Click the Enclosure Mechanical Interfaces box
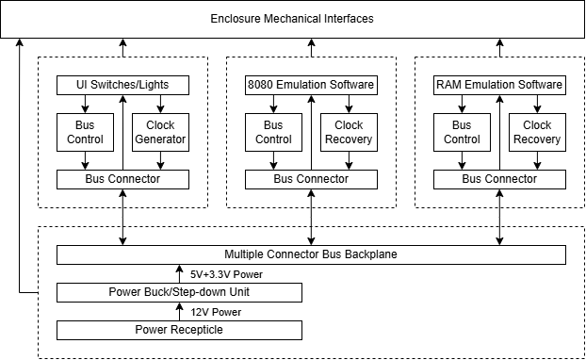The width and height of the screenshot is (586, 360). (293, 19)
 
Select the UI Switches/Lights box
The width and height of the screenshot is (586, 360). (122, 85)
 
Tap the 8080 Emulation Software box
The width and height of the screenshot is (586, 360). (311, 85)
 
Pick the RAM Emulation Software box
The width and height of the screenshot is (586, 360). (499, 85)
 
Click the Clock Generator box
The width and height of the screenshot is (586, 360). (160, 132)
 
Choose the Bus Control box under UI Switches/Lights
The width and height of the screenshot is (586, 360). (85, 132)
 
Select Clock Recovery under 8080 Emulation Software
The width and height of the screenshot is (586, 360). (349, 132)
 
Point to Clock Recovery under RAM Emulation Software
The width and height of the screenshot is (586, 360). (537, 132)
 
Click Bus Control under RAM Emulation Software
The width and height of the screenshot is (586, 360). (462, 132)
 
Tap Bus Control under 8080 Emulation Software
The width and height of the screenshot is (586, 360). (273, 132)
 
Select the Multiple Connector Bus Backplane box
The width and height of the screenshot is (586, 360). (311, 254)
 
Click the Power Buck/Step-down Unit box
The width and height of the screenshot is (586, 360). (179, 292)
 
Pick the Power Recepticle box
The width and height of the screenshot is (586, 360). (179, 330)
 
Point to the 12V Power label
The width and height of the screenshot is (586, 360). (216, 312)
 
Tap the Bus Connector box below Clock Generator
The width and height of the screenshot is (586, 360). (122, 179)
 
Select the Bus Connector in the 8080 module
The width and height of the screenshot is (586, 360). (311, 179)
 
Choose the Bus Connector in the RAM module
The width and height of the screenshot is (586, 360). (499, 179)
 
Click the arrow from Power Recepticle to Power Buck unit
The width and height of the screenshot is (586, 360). (179, 312)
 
